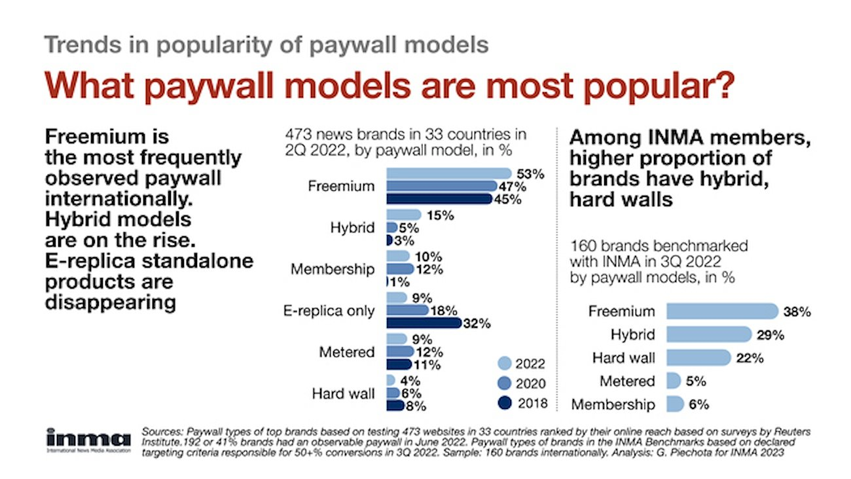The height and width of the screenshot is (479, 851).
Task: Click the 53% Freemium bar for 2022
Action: click(x=449, y=173)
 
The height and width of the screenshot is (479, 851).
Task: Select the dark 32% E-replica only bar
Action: click(x=424, y=323)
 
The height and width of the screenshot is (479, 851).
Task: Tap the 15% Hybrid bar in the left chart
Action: click(x=404, y=215)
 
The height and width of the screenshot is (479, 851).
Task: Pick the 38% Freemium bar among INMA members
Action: click(x=722, y=311)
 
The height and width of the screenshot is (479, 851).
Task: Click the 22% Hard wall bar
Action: click(x=698, y=358)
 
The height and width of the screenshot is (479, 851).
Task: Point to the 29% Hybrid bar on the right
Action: click(x=709, y=334)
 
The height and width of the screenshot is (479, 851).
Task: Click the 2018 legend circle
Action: click(x=505, y=403)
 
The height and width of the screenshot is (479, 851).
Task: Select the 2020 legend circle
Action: click(x=505, y=383)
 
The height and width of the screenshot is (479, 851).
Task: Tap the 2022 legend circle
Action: click(x=505, y=364)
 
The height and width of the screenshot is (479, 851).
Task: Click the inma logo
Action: click(x=88, y=440)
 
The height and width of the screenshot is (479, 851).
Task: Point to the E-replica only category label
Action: click(x=329, y=311)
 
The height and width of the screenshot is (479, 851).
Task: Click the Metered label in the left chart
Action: click(x=347, y=352)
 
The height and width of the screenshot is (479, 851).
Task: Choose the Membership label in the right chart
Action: click(x=613, y=405)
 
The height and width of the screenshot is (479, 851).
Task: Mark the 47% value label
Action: click(x=513, y=186)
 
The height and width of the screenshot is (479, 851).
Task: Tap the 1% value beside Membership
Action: click(x=399, y=282)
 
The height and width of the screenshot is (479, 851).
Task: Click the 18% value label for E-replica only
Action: click(x=444, y=311)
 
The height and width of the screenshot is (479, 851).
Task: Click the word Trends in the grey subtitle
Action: click(x=82, y=44)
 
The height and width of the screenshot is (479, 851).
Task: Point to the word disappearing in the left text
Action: click(x=111, y=303)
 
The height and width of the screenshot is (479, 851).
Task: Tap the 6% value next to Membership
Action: click(x=698, y=404)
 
